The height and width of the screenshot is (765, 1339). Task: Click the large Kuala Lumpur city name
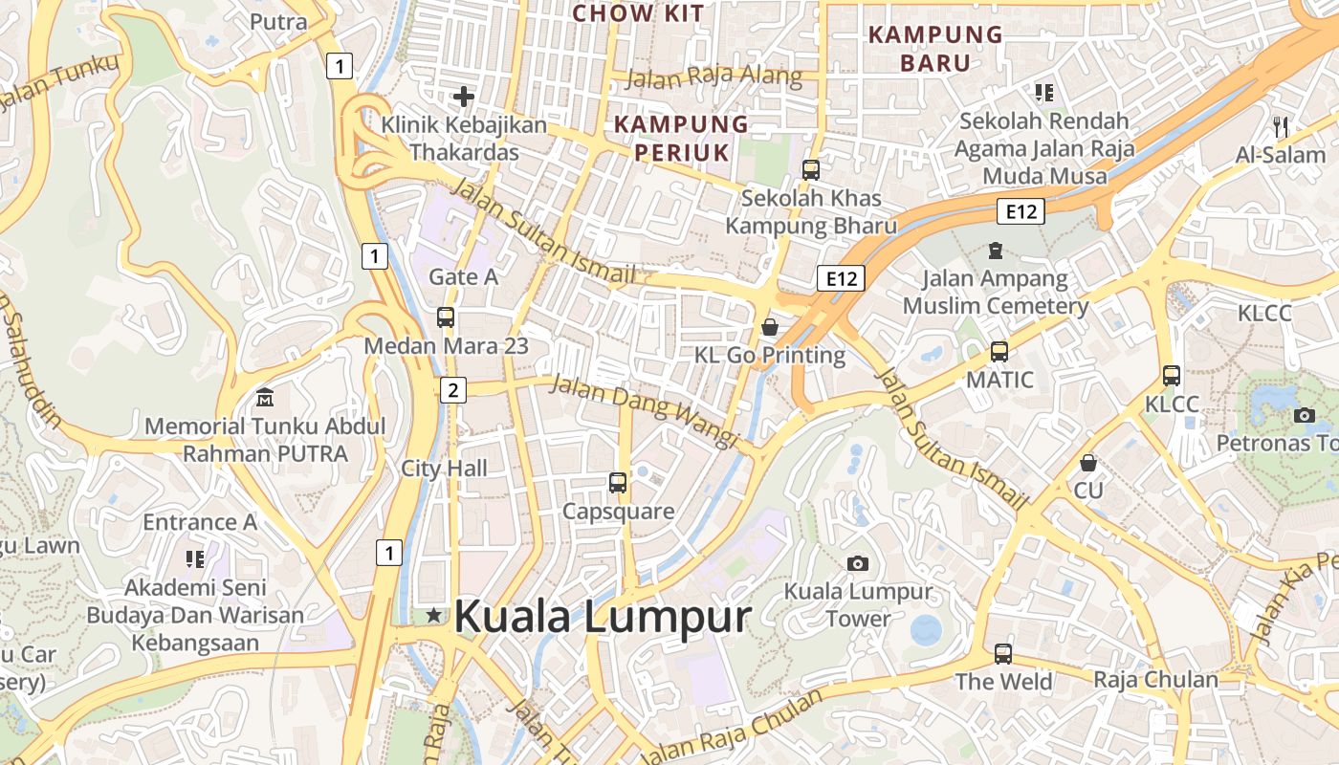coord(603,617)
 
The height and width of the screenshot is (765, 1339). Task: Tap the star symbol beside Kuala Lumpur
coord(434,615)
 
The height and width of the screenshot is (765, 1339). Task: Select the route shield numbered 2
coord(453,389)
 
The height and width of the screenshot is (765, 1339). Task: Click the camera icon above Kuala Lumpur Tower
coord(858,563)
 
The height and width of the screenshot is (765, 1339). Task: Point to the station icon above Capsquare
coord(618,483)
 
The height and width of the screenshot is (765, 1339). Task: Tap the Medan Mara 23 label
coord(446,346)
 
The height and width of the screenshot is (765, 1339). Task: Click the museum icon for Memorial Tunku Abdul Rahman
coord(265,397)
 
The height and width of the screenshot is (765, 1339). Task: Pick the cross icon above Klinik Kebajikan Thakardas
coord(464,96)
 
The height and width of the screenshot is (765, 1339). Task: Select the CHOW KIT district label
coord(638,13)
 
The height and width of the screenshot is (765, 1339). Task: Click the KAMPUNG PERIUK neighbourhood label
coord(681,138)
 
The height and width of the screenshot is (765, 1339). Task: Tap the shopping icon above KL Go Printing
coord(770,328)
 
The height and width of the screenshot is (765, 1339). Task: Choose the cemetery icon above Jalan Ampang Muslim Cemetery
coord(996,251)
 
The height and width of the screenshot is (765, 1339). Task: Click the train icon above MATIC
coord(999,352)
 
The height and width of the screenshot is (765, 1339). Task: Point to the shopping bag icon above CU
coord(1087,464)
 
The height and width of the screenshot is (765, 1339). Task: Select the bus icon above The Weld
coord(1003,654)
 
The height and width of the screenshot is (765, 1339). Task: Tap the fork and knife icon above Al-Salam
coord(1281,125)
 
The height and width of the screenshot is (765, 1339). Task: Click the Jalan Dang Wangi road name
coord(646,411)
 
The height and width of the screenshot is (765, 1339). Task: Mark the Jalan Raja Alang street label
coord(713,77)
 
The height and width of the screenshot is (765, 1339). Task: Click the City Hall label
coord(444,469)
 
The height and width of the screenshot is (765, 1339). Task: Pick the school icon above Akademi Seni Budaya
coord(195,558)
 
